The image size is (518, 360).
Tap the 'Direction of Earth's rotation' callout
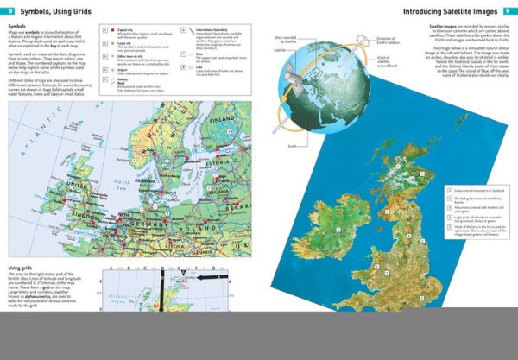coord(385,43)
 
